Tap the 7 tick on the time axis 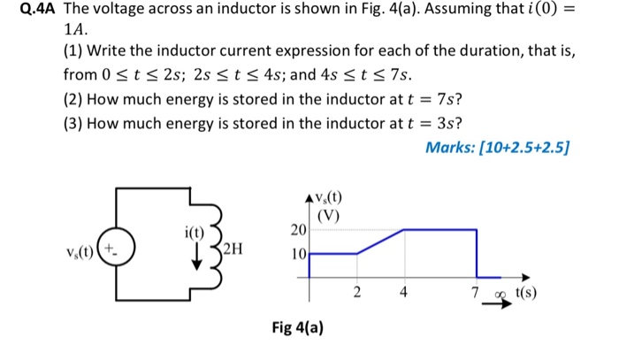[x=475, y=291]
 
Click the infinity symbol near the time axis [x=501, y=292]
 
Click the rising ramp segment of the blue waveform [x=380, y=241]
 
